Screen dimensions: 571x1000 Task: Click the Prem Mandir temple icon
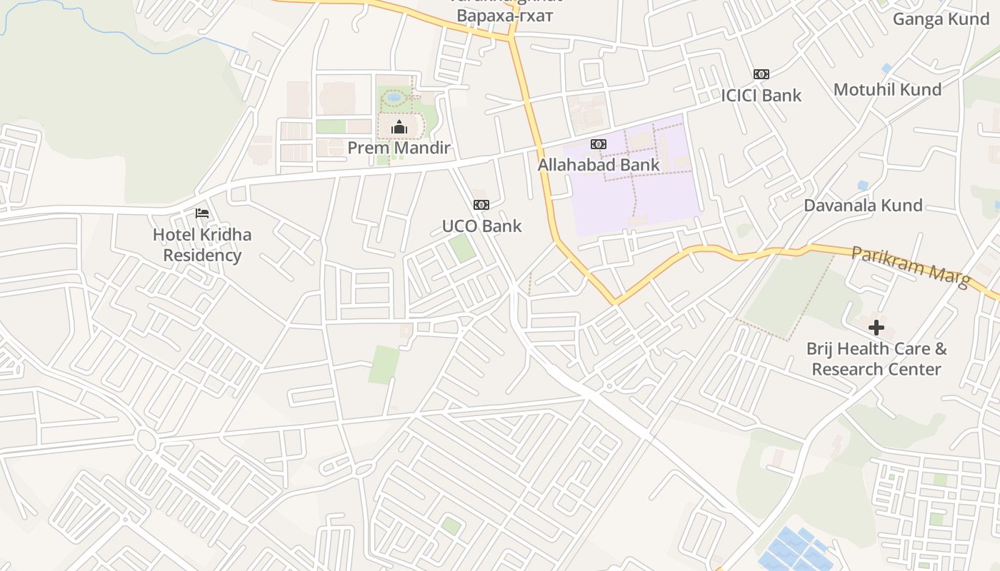(399, 128)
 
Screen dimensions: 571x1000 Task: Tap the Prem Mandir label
(399, 148)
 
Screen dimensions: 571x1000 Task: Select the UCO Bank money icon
(481, 205)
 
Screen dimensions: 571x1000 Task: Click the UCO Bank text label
(481, 226)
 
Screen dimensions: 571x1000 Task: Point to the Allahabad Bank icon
(599, 144)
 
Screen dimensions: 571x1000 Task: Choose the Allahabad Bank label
(599, 166)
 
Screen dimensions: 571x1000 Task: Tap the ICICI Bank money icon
(761, 74)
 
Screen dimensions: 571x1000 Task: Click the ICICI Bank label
(761, 96)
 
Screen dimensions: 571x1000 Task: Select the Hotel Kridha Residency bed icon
(202, 213)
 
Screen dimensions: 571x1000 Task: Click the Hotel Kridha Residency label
(202, 245)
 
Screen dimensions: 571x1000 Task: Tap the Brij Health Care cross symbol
(876, 328)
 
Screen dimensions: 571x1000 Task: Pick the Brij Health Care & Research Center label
(876, 359)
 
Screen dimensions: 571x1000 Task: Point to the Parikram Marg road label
(911, 267)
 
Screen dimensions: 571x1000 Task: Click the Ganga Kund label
(941, 19)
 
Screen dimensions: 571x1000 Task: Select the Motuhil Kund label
(887, 90)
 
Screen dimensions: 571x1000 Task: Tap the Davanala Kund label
(863, 206)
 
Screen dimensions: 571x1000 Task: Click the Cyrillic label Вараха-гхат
(505, 16)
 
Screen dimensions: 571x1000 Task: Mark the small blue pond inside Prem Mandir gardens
(394, 97)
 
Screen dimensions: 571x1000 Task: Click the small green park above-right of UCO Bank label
(461, 248)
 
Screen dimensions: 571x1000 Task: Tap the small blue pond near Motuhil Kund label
(886, 69)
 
